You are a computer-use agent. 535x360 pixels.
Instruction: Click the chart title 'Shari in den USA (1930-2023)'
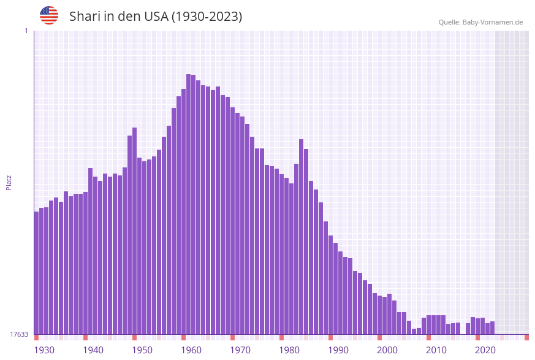click(x=156, y=17)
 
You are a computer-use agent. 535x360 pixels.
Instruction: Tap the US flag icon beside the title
click(x=49, y=15)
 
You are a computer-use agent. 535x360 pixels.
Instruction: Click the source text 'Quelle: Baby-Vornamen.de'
click(x=480, y=22)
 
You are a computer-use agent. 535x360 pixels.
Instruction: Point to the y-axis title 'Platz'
click(x=9, y=182)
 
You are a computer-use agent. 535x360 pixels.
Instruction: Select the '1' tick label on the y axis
click(x=26, y=31)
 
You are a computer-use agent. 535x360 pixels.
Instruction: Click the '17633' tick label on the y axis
click(x=19, y=334)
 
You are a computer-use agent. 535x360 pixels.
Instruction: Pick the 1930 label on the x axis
click(x=44, y=350)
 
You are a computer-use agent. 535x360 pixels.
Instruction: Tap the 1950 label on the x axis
click(x=142, y=350)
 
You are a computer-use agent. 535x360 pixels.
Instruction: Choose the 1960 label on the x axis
click(x=191, y=350)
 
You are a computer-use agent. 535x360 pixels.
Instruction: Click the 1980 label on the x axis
click(x=289, y=350)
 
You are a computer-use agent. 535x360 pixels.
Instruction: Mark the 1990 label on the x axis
click(x=338, y=350)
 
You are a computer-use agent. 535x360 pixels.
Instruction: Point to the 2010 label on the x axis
click(x=436, y=350)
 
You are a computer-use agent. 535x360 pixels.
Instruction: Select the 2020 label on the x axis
click(x=485, y=350)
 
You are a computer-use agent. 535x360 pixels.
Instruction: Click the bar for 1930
click(x=36, y=273)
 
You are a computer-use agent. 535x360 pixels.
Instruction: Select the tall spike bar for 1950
click(x=134, y=231)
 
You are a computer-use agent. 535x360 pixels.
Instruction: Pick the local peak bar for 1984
click(x=301, y=237)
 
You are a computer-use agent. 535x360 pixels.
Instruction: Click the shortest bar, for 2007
click(x=414, y=331)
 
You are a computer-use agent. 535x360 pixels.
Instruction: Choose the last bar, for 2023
click(x=492, y=327)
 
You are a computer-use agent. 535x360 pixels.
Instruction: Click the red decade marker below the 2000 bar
click(x=379, y=337)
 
